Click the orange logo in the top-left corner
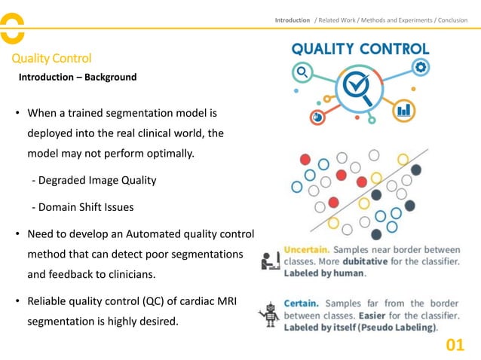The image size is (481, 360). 13,29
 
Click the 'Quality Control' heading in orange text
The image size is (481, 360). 51,59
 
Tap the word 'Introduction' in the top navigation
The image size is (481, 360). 293,20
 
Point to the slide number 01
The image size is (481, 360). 455,345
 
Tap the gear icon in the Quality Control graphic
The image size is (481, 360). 421,67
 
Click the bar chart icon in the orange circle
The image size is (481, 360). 404,110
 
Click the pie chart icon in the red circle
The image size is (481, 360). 317,117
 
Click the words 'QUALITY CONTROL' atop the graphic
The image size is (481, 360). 360,48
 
